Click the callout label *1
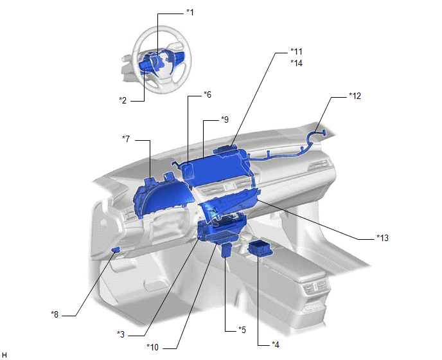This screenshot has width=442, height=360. click(x=190, y=12)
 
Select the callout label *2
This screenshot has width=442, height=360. click(x=123, y=100)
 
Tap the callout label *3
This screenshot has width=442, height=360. click(x=121, y=334)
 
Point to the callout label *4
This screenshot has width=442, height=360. click(x=276, y=345)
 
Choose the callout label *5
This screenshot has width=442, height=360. click(x=242, y=330)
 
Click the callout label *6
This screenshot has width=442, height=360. click(x=208, y=94)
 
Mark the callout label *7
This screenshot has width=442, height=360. click(x=126, y=139)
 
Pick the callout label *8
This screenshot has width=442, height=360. click(x=55, y=314)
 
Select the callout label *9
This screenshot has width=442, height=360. click(x=225, y=120)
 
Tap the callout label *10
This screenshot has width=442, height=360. click(x=152, y=347)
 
